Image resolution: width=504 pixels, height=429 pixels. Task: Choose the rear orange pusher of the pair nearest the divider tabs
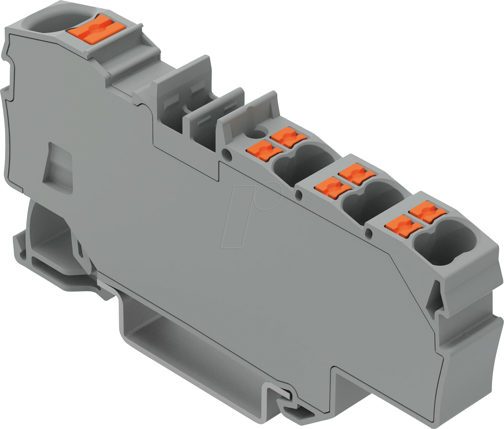287,137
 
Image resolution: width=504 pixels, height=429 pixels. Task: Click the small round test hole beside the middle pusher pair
299,194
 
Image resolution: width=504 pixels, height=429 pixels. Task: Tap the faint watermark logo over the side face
252,213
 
